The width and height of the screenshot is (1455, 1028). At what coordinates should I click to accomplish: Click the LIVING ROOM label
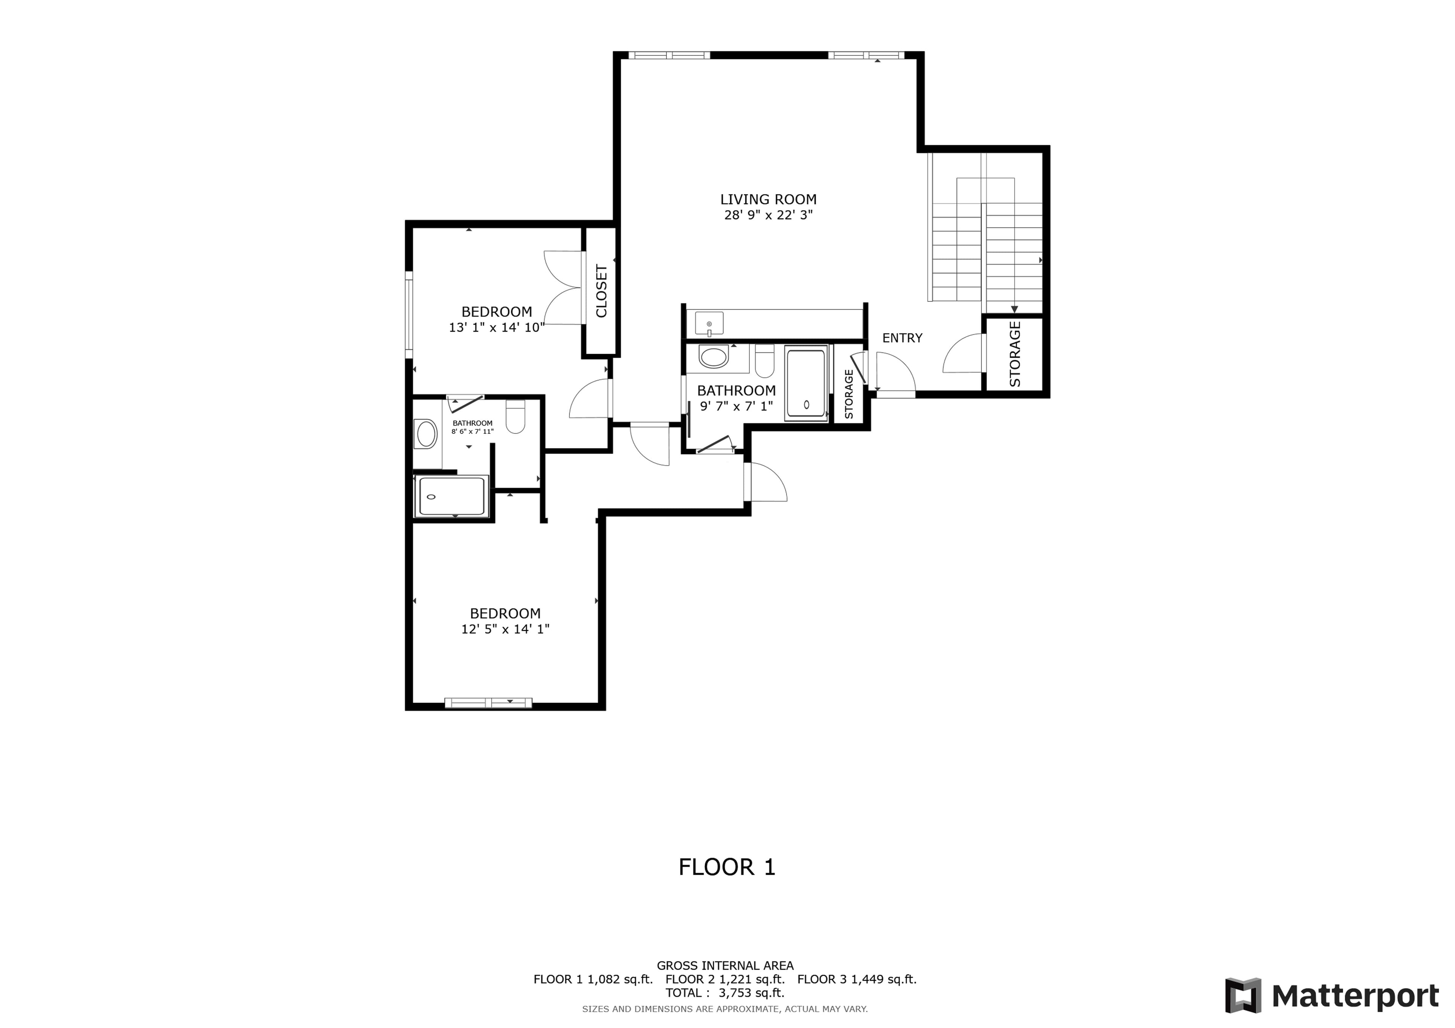coord(768,200)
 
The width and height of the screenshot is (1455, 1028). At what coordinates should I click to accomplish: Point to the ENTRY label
coord(903,338)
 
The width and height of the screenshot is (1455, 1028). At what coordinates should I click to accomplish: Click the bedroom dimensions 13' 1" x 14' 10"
coord(497,328)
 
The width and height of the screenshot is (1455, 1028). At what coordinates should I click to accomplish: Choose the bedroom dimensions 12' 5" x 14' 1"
coord(505,629)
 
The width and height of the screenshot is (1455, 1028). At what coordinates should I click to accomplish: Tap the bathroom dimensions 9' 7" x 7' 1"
coord(736,406)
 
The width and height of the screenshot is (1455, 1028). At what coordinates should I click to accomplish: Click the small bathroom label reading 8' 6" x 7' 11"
coord(472,431)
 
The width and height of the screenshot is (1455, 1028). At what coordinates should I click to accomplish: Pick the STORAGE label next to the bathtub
coord(849,394)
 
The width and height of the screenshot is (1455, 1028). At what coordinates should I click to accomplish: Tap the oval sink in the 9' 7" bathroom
coord(713,357)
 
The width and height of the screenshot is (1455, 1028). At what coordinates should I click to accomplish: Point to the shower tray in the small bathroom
coord(451,496)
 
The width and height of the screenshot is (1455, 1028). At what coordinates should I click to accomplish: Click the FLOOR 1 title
coord(727,867)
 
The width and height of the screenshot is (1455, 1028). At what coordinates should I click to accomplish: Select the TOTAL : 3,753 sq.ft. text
coord(725,992)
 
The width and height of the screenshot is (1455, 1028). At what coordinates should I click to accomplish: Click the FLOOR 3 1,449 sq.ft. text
coord(857,979)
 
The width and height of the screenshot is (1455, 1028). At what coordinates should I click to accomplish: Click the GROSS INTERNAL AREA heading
coord(725,966)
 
